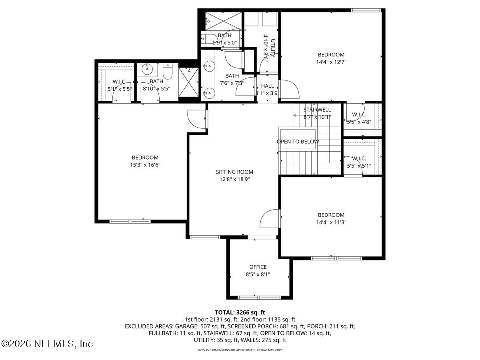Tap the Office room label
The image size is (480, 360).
[258, 267]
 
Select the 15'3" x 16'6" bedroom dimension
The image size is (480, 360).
[145, 164]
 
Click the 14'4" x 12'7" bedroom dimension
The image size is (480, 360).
[331, 62]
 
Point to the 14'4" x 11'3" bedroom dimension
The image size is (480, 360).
[331, 222]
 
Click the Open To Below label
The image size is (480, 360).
[298, 142]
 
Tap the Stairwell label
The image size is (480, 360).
[317, 110]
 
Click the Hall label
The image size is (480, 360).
[267, 86]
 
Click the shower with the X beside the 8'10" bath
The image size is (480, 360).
[188, 82]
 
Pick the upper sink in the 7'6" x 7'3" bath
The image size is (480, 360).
[208, 65]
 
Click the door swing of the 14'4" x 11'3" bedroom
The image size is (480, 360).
[269, 218]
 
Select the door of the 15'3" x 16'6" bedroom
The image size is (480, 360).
[196, 119]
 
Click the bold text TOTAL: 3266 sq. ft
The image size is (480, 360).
[240, 312]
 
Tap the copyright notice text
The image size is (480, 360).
[47, 344]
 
